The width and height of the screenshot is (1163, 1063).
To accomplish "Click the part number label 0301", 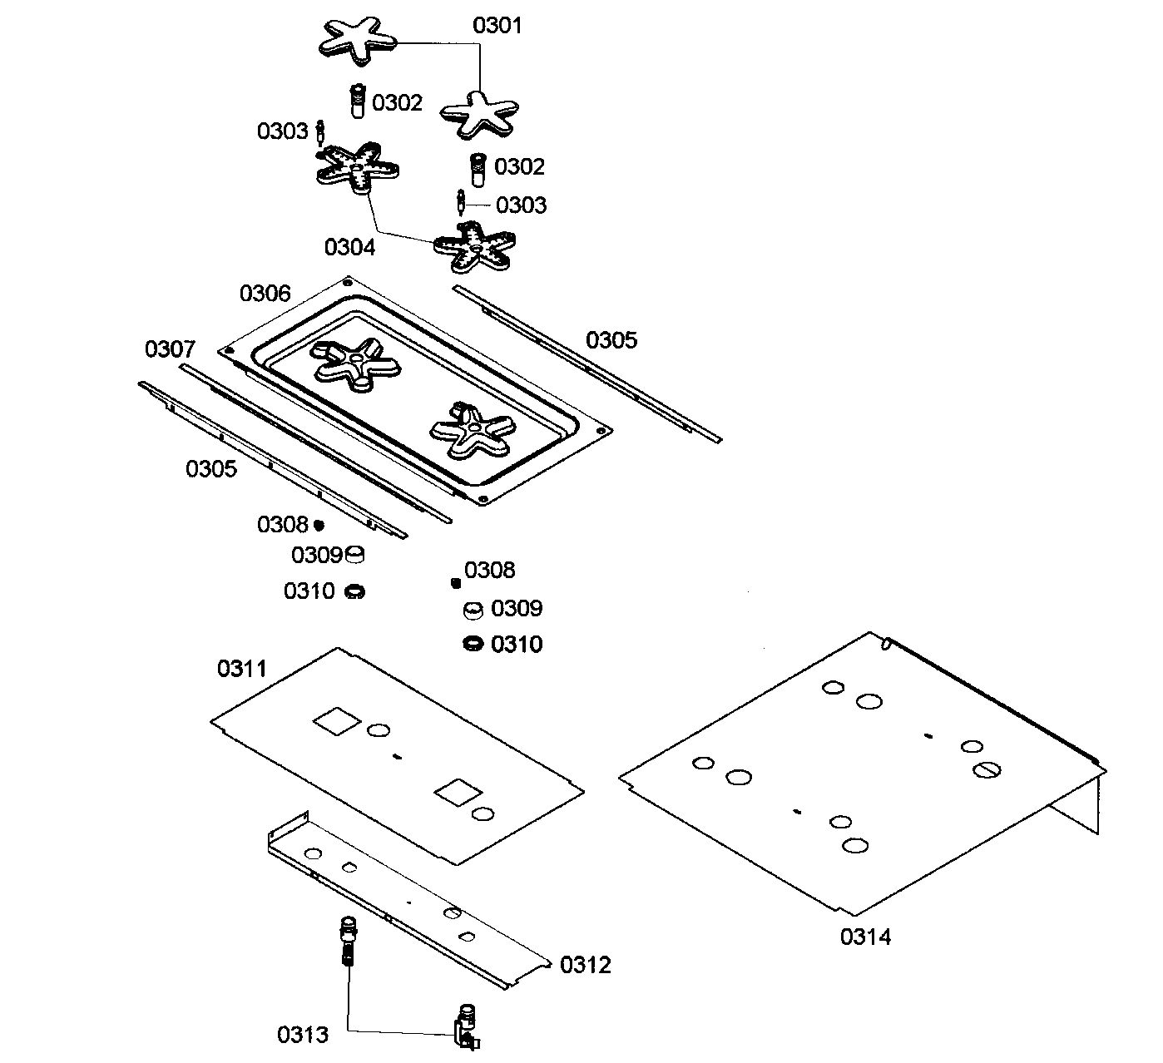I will (497, 26).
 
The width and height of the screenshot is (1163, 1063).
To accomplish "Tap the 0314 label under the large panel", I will (865, 937).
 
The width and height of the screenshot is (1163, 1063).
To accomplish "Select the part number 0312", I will (586, 965).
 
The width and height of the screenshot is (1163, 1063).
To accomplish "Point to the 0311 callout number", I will (242, 668).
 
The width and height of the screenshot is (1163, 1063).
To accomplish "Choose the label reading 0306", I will (265, 294).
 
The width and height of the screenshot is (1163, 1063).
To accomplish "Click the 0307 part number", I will (171, 349).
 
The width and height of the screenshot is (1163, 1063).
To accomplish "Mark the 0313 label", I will (303, 1035).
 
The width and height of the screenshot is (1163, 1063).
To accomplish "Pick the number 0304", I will (349, 247).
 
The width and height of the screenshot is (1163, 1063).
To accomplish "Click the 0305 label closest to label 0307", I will (211, 469).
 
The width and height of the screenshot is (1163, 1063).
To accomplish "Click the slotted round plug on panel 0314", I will (988, 770).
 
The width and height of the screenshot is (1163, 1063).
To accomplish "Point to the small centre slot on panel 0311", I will (397, 756).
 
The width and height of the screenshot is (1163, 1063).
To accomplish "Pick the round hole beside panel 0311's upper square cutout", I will (378, 730).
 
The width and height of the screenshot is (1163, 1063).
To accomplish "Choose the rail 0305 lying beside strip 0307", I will (275, 462).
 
